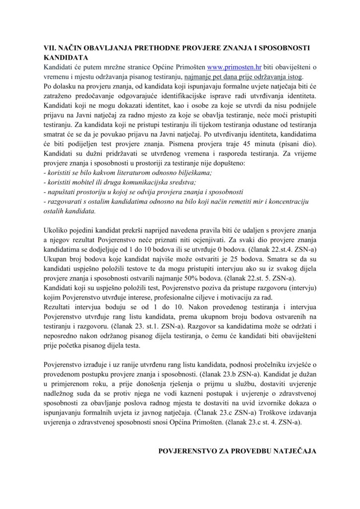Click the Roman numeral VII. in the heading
click(51, 48)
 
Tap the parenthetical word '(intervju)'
click(300, 287)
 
